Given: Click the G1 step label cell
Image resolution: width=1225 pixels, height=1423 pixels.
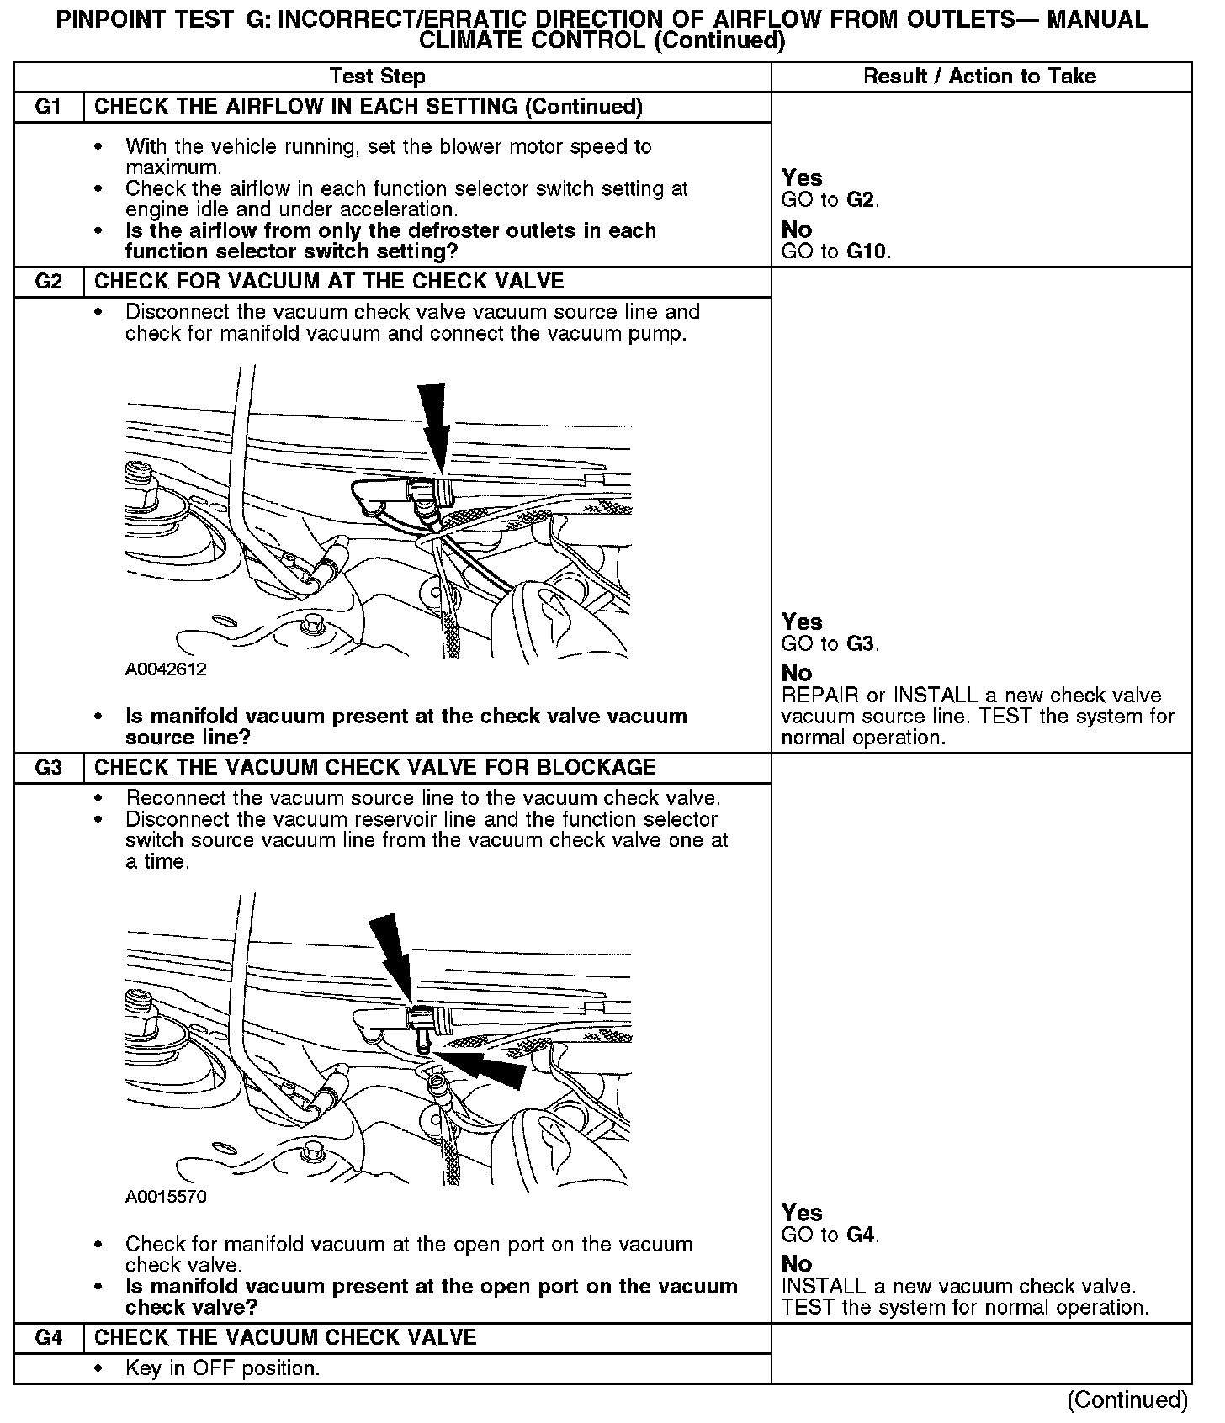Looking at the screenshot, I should tap(49, 107).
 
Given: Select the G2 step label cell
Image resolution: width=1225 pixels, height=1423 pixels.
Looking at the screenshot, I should tap(49, 281).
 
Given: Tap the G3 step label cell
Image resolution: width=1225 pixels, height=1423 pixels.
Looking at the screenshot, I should tap(49, 767).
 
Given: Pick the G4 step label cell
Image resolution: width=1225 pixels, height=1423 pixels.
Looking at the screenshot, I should tap(49, 1337).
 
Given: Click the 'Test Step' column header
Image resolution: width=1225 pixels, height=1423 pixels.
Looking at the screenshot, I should tap(378, 77).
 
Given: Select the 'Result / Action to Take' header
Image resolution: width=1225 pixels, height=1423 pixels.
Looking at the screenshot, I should tap(980, 77).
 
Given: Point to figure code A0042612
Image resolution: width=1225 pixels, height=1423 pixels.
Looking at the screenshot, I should tap(166, 669).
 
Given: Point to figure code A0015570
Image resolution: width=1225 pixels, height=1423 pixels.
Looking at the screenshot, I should tap(166, 1196).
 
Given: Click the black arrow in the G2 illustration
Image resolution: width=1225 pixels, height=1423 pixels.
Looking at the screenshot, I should tap(433, 425).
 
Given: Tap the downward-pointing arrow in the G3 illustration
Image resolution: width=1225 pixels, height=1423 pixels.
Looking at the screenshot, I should tap(391, 955).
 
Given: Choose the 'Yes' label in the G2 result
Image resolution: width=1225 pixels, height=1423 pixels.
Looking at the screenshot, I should tap(801, 622).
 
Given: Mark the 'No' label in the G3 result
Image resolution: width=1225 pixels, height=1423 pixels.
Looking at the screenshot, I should tap(796, 1264).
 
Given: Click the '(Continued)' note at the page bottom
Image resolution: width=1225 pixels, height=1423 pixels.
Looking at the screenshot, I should tap(1127, 1399).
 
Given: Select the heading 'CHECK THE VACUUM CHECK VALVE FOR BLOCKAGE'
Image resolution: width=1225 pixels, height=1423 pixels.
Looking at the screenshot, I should tap(374, 767).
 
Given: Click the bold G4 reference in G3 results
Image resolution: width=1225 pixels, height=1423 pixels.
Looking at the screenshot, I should tap(862, 1235).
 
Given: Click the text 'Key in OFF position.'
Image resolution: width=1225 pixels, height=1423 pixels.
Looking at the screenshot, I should tap(222, 1368).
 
